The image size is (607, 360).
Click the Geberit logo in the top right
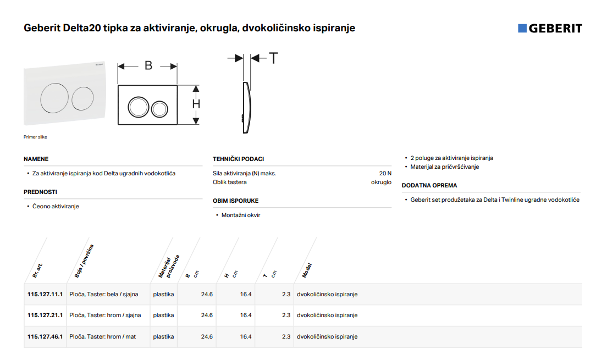pyautogui.click(x=550, y=28)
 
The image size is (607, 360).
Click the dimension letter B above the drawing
pyautogui.click(x=148, y=65)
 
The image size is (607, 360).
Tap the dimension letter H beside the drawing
pyautogui.click(x=196, y=104)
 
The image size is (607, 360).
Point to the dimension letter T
pyautogui.click(x=273, y=58)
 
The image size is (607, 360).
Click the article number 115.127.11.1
pyautogui.click(x=45, y=294)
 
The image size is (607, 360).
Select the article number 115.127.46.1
pyautogui.click(x=45, y=337)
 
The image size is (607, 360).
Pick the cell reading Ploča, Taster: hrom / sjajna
pyautogui.click(x=105, y=315)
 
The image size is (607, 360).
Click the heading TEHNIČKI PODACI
pyautogui.click(x=238, y=159)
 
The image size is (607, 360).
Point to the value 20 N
pyautogui.click(x=385, y=174)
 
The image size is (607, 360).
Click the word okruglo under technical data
pyautogui.click(x=381, y=182)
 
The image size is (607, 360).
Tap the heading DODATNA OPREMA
pyautogui.click(x=429, y=185)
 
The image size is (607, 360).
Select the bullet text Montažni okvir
pyautogui.click(x=241, y=215)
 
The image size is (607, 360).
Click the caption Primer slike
pyautogui.click(x=35, y=137)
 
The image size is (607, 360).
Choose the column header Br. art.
pyautogui.click(x=37, y=270)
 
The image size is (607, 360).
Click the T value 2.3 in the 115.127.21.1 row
pyautogui.click(x=286, y=315)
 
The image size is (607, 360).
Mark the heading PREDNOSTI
pyautogui.click(x=40, y=192)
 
